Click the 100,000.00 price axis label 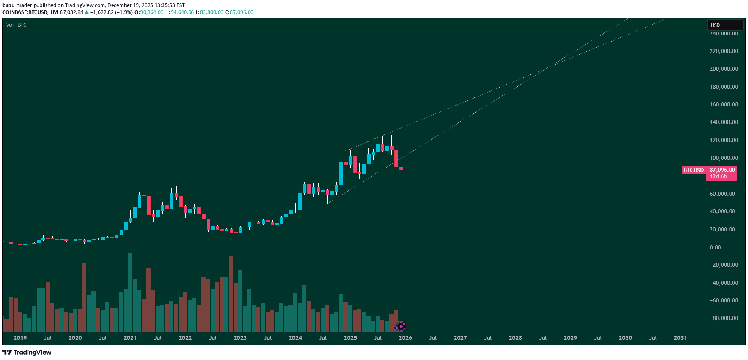click(724, 158)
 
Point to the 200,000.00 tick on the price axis click(724, 69)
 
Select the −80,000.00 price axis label click(724, 318)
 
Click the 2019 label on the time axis click(20, 338)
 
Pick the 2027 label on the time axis click(460, 338)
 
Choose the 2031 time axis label click(680, 338)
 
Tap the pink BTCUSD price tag click(693, 170)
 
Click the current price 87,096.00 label click(722, 170)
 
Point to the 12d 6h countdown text click(718, 177)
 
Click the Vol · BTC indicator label click(16, 25)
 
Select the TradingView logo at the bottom click(27, 352)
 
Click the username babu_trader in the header click(17, 5)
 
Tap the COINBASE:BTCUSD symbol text click(25, 12)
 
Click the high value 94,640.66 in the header click(182, 12)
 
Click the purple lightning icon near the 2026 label click(400, 327)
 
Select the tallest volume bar click(130, 292)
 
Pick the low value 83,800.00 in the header click(212, 12)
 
